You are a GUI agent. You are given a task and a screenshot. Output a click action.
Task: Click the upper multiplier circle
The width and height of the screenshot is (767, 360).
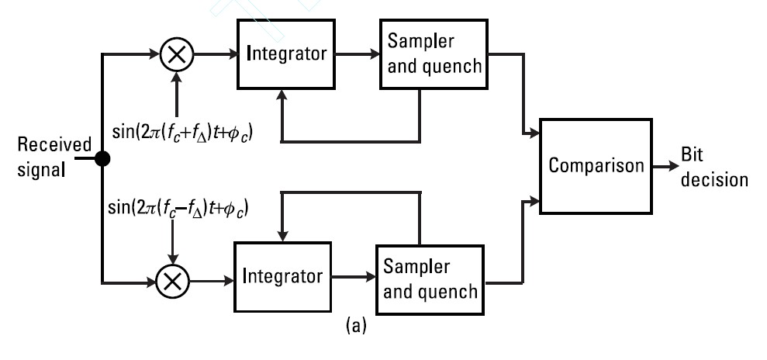coord(178,55)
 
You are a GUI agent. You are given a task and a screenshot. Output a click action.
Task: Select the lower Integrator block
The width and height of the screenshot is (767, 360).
coord(282,275)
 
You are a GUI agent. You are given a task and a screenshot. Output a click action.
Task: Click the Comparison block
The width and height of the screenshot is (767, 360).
coord(596,165)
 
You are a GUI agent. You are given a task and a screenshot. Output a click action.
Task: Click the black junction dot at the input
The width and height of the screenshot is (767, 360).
coord(102,159)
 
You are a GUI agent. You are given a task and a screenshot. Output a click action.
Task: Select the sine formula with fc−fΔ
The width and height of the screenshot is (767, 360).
coord(179,209)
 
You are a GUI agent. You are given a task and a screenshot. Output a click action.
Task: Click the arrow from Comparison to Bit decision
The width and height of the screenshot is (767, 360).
coord(664,166)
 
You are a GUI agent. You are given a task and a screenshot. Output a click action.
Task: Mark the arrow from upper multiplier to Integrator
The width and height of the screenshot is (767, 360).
coord(216,55)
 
